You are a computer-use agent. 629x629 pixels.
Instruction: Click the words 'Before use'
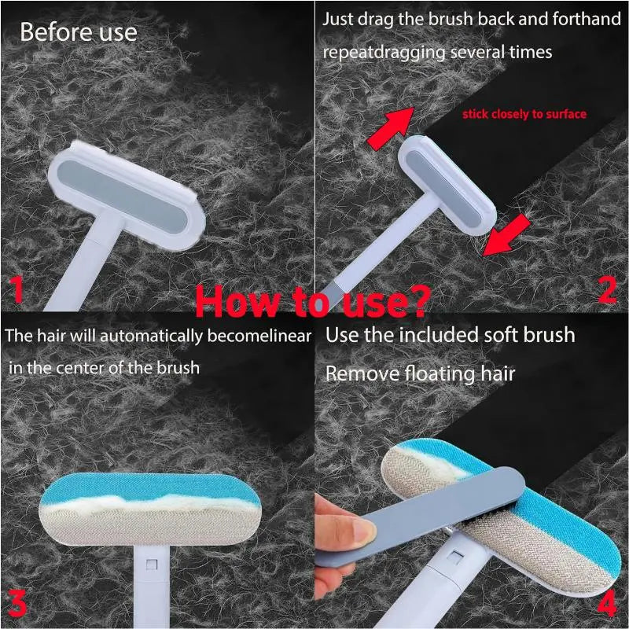coord(78,32)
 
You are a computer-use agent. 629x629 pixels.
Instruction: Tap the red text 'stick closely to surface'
coord(524,114)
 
